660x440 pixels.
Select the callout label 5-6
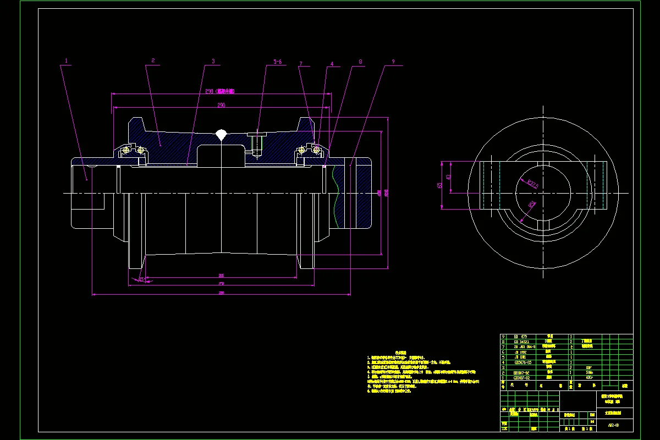(277, 62)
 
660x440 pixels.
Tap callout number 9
(393, 62)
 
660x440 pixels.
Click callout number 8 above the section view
(360, 62)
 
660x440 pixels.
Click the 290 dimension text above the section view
(221, 105)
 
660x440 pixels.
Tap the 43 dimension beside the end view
(448, 177)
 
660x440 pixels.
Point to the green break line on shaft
(334, 193)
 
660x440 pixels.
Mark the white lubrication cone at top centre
(221, 134)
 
